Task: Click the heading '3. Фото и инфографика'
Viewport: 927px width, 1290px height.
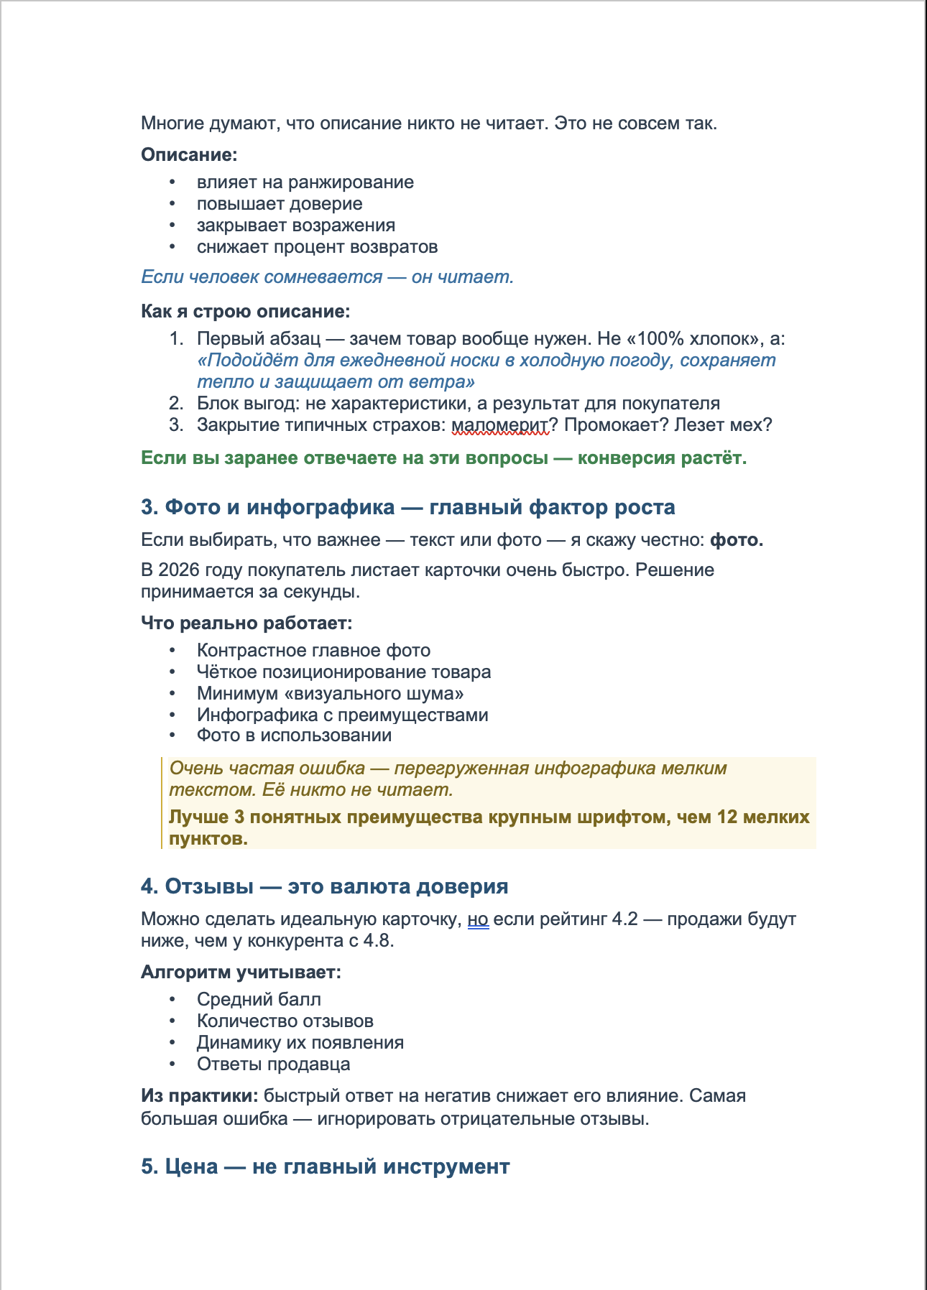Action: [x=407, y=507]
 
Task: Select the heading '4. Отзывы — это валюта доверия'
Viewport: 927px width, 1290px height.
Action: [x=324, y=886]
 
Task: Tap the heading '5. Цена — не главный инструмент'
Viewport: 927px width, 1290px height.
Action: [x=325, y=1166]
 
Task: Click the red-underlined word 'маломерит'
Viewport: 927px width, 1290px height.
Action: [x=499, y=424]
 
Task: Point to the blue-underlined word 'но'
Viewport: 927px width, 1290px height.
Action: [x=478, y=919]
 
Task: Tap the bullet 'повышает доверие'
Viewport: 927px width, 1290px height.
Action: [x=280, y=204]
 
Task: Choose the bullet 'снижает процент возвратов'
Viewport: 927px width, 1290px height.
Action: [x=317, y=247]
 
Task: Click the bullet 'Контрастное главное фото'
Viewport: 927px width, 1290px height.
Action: [x=313, y=651]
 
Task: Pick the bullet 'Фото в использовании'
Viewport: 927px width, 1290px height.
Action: [x=294, y=736]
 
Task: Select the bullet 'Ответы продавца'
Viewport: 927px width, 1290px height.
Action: [x=273, y=1064]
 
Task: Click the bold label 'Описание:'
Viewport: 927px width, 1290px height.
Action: [x=189, y=154]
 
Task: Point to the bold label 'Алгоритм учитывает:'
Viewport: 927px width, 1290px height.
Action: [x=241, y=973]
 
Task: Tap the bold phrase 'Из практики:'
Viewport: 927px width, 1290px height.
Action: [x=199, y=1096]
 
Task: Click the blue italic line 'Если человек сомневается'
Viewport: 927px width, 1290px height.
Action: [x=327, y=277]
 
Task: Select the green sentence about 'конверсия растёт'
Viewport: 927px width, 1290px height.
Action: [x=443, y=458]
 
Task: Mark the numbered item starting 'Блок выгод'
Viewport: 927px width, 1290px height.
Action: [x=458, y=404]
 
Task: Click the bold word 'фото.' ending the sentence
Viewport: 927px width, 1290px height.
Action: [x=736, y=540]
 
